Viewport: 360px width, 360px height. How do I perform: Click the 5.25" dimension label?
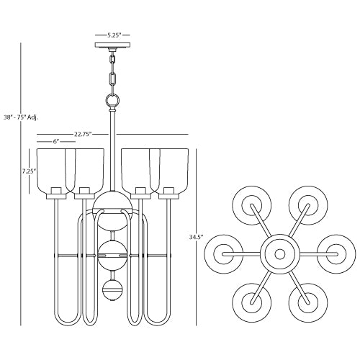tap(113, 35)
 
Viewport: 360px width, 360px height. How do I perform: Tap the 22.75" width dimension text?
tap(83, 134)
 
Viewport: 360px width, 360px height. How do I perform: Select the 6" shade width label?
tap(56, 142)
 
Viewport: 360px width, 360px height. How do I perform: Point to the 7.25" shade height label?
tap(29, 171)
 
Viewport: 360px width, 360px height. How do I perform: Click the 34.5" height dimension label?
tap(196, 237)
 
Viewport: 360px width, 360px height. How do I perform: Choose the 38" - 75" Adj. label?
tap(21, 117)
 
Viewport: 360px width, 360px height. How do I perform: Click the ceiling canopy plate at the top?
tap(112, 45)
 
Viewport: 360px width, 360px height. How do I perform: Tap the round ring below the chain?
tap(112, 99)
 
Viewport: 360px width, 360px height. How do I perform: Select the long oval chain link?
tap(112, 78)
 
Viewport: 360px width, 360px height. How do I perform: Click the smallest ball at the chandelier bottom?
tap(112, 289)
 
